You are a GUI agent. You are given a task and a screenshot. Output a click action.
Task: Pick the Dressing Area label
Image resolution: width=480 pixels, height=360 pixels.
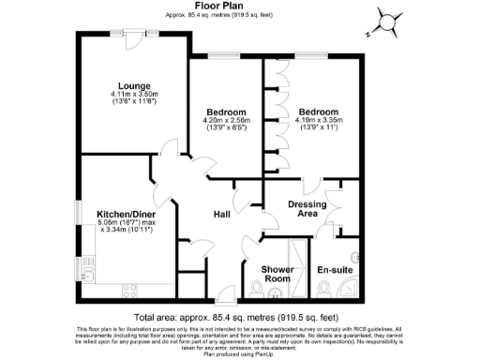click(x=306, y=207)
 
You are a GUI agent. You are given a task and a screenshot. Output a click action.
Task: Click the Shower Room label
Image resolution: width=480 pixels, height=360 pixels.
click(x=278, y=273)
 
